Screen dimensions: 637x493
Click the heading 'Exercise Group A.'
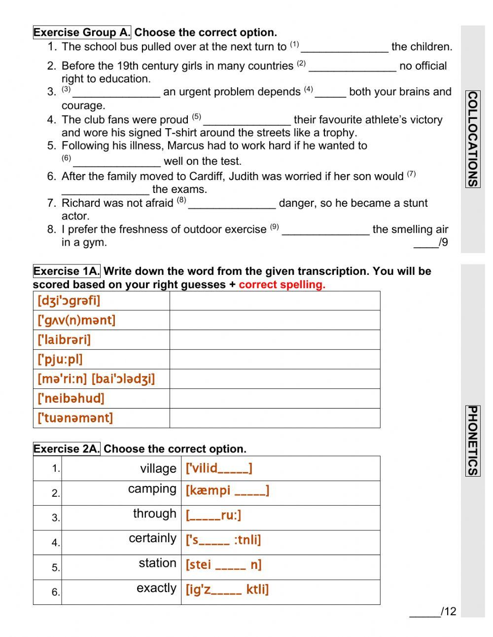click(x=82, y=33)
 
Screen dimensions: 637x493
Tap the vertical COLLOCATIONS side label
click(x=472, y=139)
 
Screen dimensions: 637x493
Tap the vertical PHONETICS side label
click(x=472, y=441)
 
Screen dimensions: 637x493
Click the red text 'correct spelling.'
click(x=282, y=285)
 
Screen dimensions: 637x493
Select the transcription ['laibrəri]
click(x=64, y=340)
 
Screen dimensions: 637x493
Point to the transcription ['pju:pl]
click(x=60, y=359)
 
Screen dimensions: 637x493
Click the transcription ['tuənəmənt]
click(x=75, y=418)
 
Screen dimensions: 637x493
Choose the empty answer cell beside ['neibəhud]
click(x=275, y=398)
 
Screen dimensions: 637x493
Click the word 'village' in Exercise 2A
click(x=158, y=468)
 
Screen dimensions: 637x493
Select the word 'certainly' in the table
click(x=152, y=538)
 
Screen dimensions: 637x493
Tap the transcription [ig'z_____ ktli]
click(x=227, y=590)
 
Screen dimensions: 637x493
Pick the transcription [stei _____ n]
click(x=223, y=564)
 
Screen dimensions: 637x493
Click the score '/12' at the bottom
click(x=433, y=612)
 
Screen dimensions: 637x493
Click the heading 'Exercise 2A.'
click(x=67, y=449)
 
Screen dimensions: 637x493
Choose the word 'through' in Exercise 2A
click(x=154, y=513)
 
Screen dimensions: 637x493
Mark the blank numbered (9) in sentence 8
click(x=325, y=230)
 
